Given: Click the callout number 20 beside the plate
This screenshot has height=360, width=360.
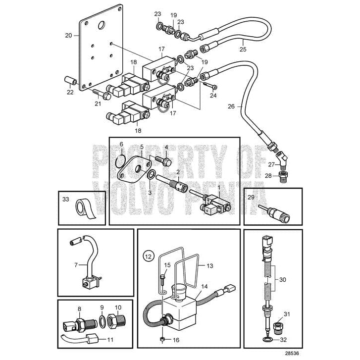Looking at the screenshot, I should (68, 35).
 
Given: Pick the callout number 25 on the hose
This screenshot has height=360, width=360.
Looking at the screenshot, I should (243, 49).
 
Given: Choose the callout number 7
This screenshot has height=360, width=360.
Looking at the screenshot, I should (76, 265).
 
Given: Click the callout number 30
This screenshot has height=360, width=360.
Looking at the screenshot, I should (283, 280).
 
